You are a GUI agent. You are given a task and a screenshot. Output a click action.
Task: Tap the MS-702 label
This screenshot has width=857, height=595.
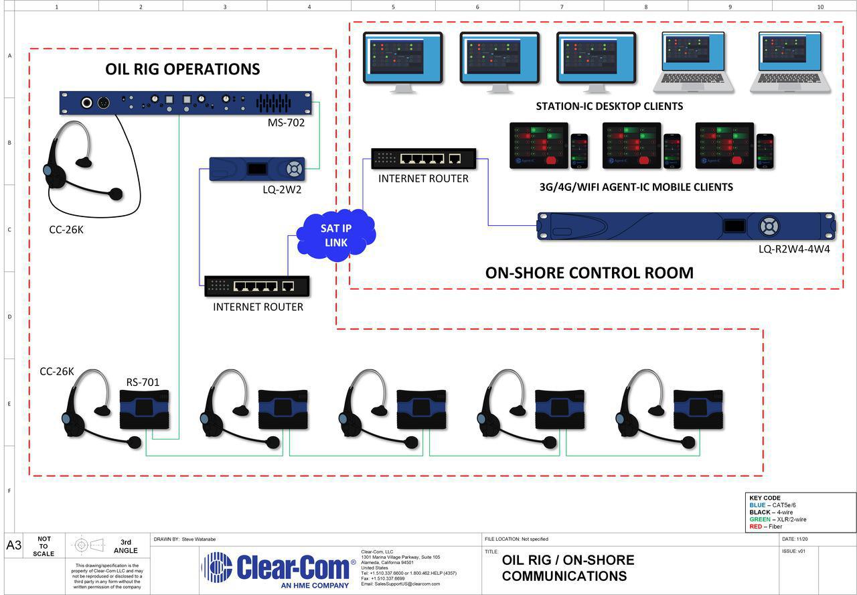[x=286, y=123]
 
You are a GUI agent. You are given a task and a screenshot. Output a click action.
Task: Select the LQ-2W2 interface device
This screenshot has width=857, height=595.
[x=257, y=169]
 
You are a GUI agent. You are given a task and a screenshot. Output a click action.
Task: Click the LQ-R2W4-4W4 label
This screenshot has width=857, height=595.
[x=794, y=249]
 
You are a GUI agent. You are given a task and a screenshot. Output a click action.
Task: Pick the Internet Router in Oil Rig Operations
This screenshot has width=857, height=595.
[x=257, y=286]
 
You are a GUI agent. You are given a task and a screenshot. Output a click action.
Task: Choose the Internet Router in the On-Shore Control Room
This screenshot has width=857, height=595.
[x=423, y=159]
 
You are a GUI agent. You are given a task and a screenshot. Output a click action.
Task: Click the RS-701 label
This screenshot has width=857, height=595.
[x=143, y=383]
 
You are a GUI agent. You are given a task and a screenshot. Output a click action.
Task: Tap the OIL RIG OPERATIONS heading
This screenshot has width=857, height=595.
[x=182, y=69]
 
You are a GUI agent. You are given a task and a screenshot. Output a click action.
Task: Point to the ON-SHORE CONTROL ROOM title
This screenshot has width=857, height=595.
[x=589, y=273]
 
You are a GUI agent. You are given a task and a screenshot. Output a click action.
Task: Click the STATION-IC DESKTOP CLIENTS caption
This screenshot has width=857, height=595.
[x=609, y=106]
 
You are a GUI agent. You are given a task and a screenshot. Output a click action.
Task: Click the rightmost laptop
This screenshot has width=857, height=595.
[x=790, y=62]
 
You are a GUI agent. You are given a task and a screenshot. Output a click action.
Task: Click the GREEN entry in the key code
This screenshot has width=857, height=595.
[x=778, y=519]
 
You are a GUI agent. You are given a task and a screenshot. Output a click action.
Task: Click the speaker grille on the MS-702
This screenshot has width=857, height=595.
[x=273, y=103]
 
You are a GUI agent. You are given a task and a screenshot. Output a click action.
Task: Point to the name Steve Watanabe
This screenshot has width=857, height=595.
[x=199, y=539]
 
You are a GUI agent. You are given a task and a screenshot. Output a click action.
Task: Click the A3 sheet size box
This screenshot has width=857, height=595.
[x=14, y=545]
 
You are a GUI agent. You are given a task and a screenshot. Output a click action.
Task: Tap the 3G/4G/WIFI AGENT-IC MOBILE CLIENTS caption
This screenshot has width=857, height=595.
[x=636, y=187]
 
